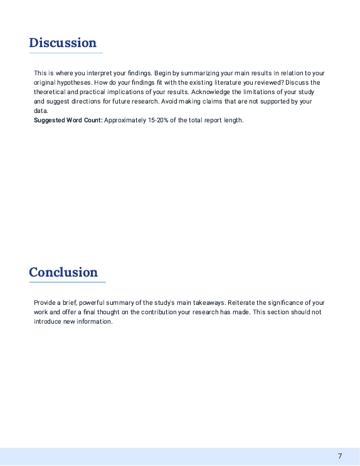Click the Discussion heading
63,43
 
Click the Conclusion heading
63,272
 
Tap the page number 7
340,456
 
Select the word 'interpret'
107,73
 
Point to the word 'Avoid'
171,101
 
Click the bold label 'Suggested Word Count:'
68,120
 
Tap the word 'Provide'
46,303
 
